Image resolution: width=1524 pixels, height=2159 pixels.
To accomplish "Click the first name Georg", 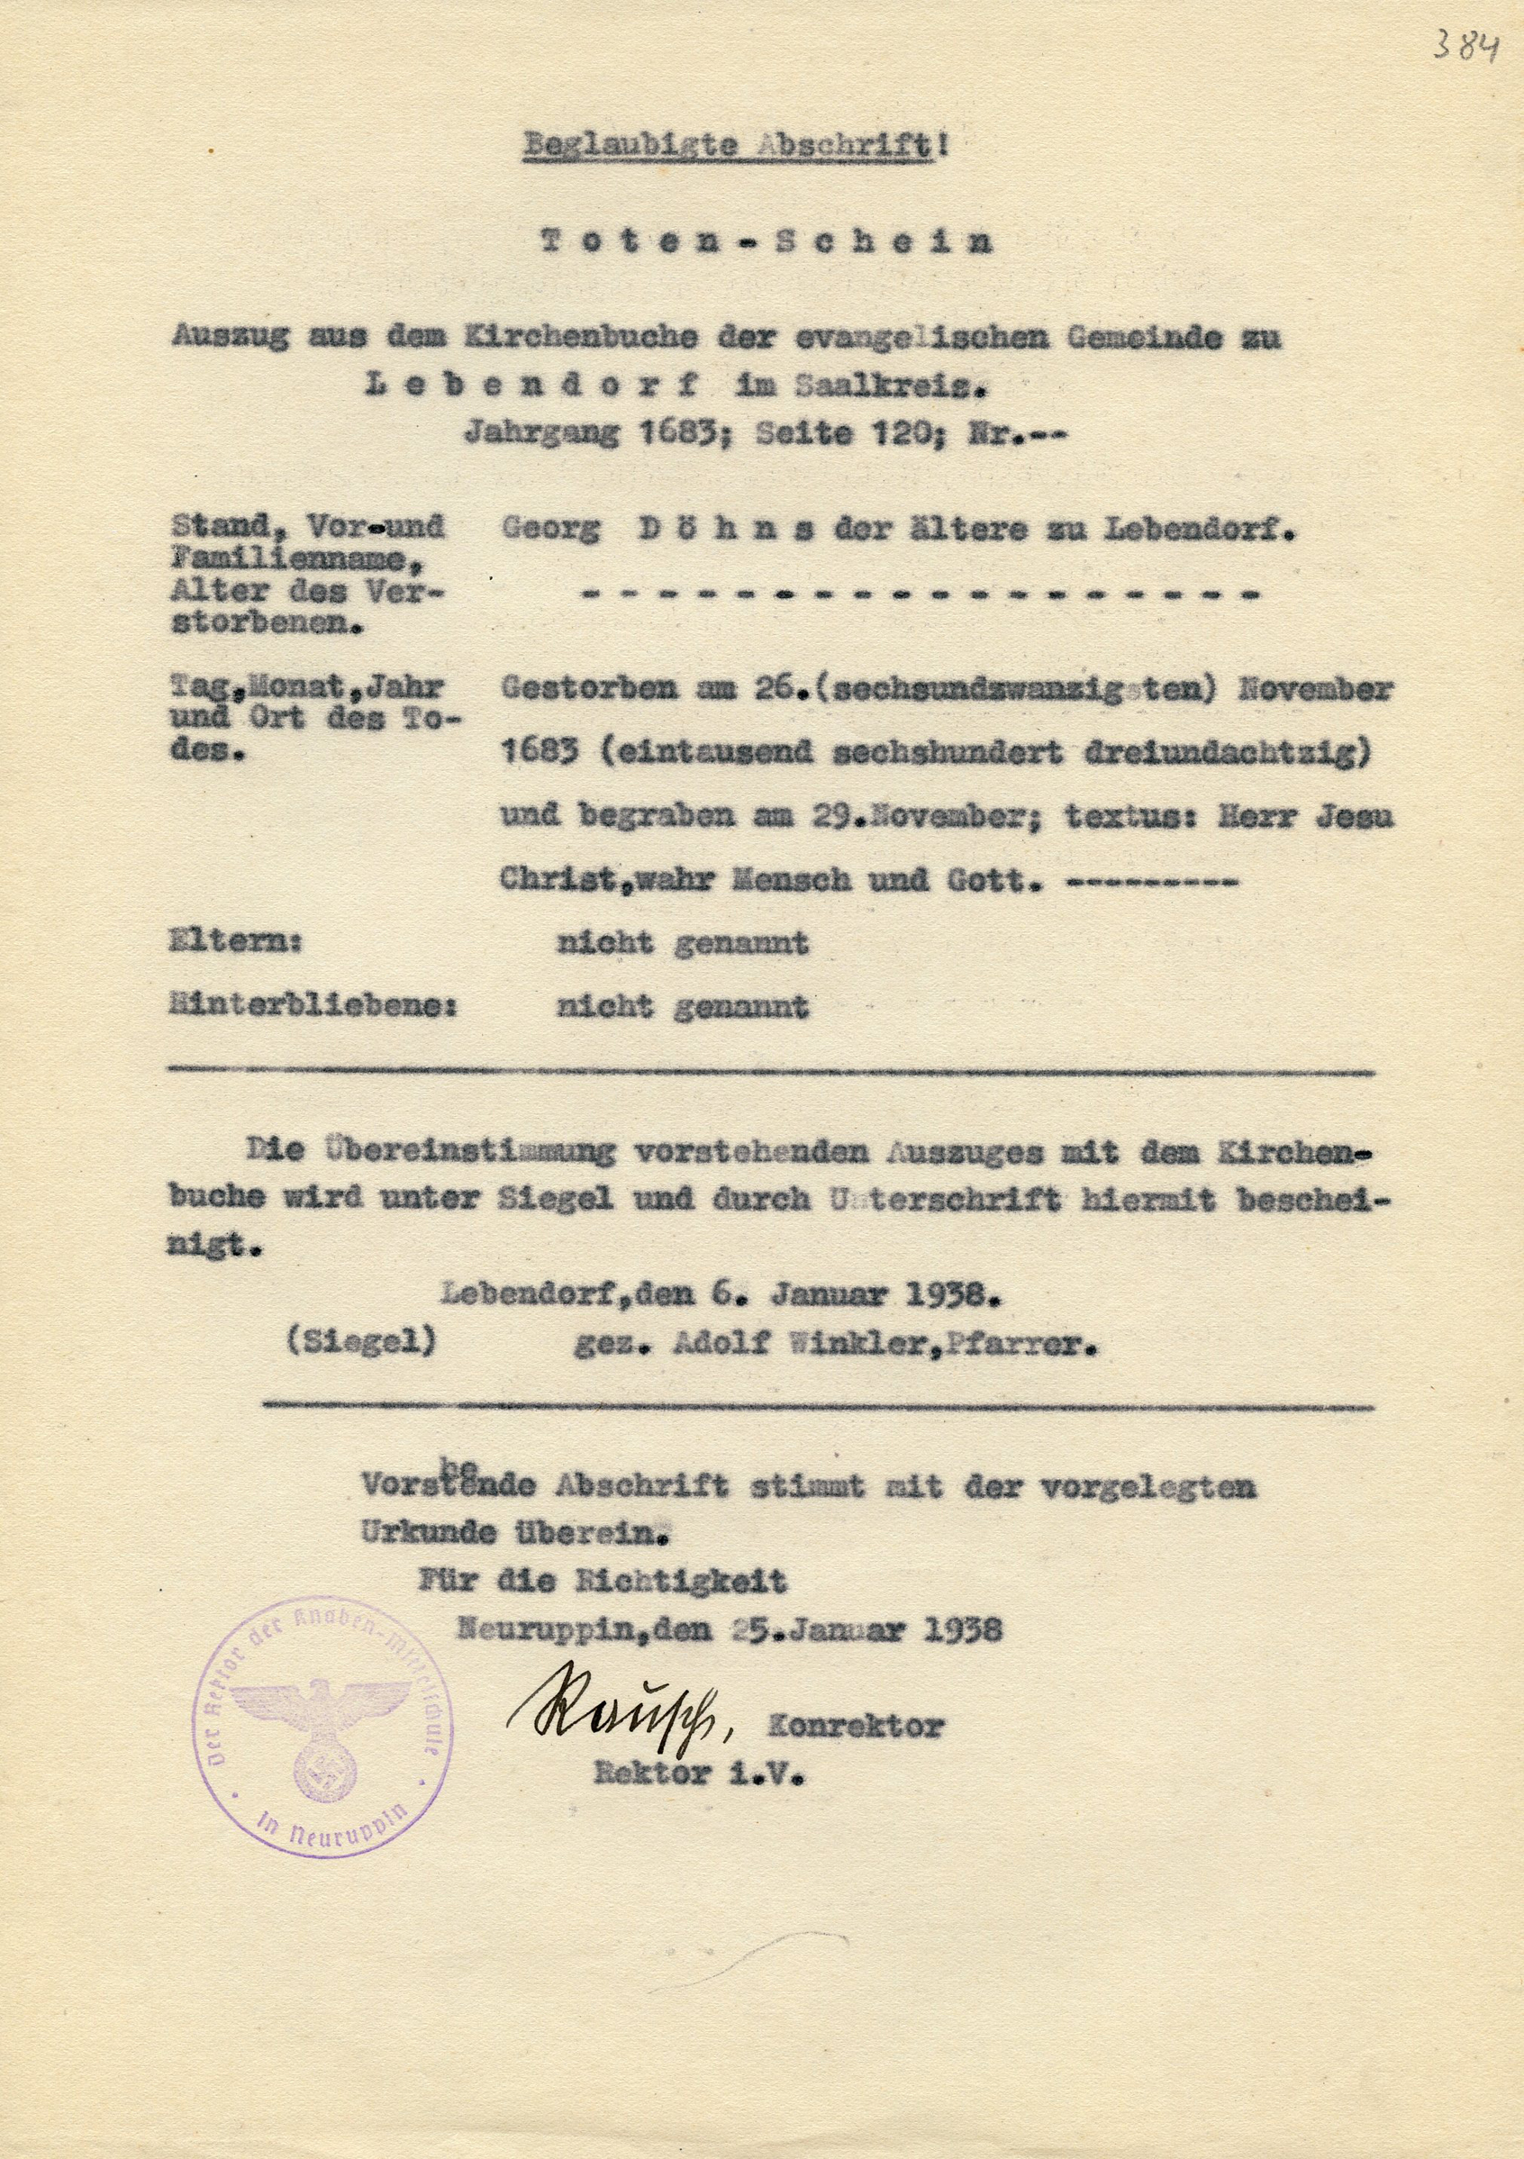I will (550, 530).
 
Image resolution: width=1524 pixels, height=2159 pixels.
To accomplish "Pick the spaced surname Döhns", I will (726, 530).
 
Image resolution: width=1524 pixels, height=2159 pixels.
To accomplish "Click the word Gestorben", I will (587, 688).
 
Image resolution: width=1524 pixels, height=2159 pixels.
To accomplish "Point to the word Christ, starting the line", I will (553, 880).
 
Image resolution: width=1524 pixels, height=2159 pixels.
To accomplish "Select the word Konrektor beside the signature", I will (855, 1726).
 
